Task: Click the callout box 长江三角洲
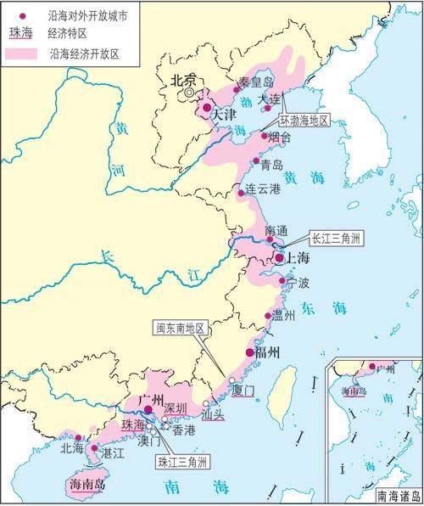(x=338, y=239)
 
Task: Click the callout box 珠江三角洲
(x=185, y=463)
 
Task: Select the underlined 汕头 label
(x=214, y=414)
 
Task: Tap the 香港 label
(x=184, y=430)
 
